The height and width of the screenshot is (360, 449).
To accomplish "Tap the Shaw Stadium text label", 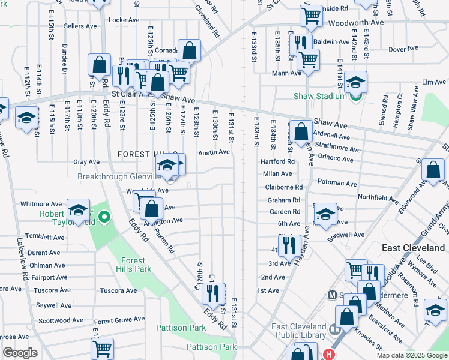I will coord(320,96).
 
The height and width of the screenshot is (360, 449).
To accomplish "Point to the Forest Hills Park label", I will coord(133,265).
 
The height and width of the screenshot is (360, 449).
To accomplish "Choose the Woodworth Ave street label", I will coord(355,23).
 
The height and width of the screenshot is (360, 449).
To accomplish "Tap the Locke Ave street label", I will coord(124,20).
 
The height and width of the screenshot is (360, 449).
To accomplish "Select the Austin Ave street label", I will coord(214,152).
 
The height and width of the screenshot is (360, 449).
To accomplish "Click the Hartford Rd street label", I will coord(277,161).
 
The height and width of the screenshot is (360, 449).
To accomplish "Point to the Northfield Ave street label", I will coord(378,198).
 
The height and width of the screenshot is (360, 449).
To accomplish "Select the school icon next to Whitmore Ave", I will coord(78,210).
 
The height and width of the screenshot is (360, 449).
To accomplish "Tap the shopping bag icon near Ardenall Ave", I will coord(301,131).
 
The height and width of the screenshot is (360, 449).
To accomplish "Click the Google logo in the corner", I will coord(20,353).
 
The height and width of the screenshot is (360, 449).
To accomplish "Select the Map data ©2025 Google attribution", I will coord(411,355).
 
